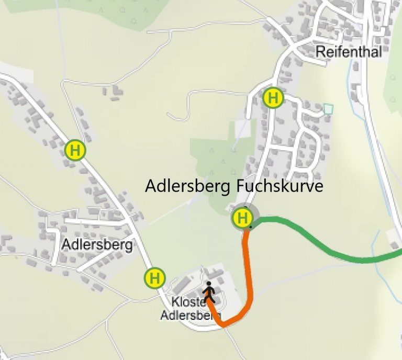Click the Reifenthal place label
tap(349, 52)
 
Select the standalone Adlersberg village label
tap(97, 244)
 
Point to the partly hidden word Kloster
tap(186, 302)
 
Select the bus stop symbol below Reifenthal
tap(273, 98)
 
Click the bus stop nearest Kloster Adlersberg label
tap(155, 277)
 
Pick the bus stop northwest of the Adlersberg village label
tap(75, 150)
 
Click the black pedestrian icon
tap(209, 292)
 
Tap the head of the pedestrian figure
tap(209, 285)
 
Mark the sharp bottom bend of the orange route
tap(224, 325)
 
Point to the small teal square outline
tap(328, 109)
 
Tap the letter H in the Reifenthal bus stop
tap(273, 98)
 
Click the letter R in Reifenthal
tap(320, 52)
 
